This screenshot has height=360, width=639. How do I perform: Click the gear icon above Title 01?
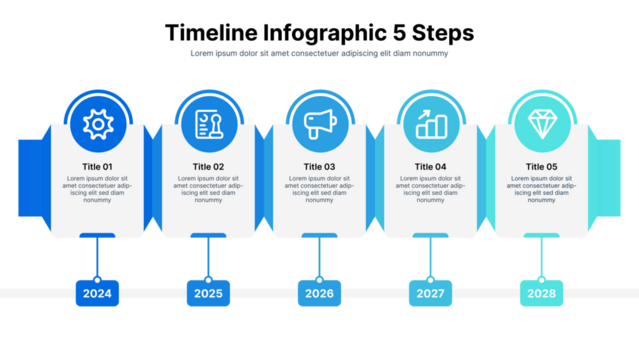click(97, 124)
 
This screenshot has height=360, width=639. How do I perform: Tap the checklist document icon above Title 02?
click(208, 124)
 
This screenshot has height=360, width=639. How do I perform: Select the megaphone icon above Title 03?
click(319, 124)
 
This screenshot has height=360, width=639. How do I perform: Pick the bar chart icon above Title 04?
click(430, 124)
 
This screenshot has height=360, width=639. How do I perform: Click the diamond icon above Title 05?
click(541, 124)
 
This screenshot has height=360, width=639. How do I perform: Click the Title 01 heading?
click(97, 166)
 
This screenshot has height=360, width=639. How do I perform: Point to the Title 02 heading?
click(208, 166)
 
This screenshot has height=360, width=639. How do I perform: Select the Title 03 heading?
click(319, 166)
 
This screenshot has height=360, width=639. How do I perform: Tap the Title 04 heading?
click(430, 166)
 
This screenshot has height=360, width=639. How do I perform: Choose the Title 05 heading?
click(541, 166)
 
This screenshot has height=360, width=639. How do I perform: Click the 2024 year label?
click(97, 294)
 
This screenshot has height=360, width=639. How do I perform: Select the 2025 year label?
click(208, 294)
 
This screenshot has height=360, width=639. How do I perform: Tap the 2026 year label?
click(319, 294)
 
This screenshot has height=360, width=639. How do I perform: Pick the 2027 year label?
click(430, 294)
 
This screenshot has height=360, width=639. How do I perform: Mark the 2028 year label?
click(541, 294)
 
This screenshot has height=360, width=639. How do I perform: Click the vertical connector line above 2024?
click(97, 261)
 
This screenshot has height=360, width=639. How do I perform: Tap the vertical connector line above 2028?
click(541, 261)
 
